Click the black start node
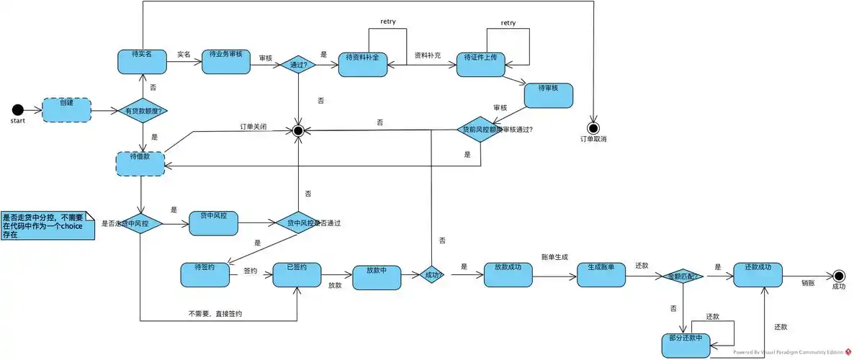pos(18,109)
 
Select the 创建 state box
pos(67,110)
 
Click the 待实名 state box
pos(142,60)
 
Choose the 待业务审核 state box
pos(225,61)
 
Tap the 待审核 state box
pos(548,95)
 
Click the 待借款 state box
pos(140,163)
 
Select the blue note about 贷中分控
pos(47,225)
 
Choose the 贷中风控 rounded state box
pos(213,223)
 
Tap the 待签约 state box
pos(205,275)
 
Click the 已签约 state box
pos(297,275)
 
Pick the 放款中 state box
pos(376,277)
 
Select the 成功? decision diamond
pos(431,275)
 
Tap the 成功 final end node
pos(838,275)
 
